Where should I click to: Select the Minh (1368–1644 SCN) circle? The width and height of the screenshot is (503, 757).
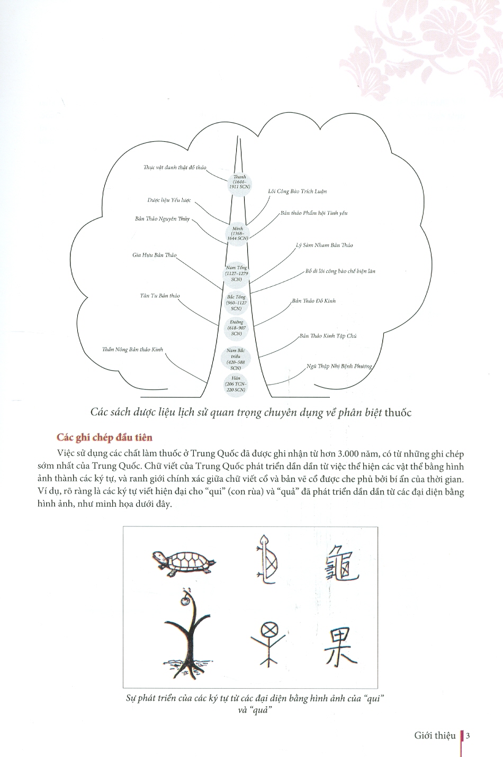(236, 233)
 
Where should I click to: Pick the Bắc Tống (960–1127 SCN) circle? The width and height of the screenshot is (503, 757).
(236, 302)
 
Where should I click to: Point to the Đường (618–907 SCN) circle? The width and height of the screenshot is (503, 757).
(236, 327)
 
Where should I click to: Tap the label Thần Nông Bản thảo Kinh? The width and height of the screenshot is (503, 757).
(132, 350)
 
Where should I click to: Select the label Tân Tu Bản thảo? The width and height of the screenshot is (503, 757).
(159, 296)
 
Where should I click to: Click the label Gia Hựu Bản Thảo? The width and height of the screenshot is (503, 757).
(154, 256)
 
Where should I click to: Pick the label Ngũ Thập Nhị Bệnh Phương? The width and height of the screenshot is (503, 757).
(339, 366)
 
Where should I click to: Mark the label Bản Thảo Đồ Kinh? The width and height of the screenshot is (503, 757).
(313, 301)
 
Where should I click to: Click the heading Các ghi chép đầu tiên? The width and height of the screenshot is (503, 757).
(104, 437)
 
